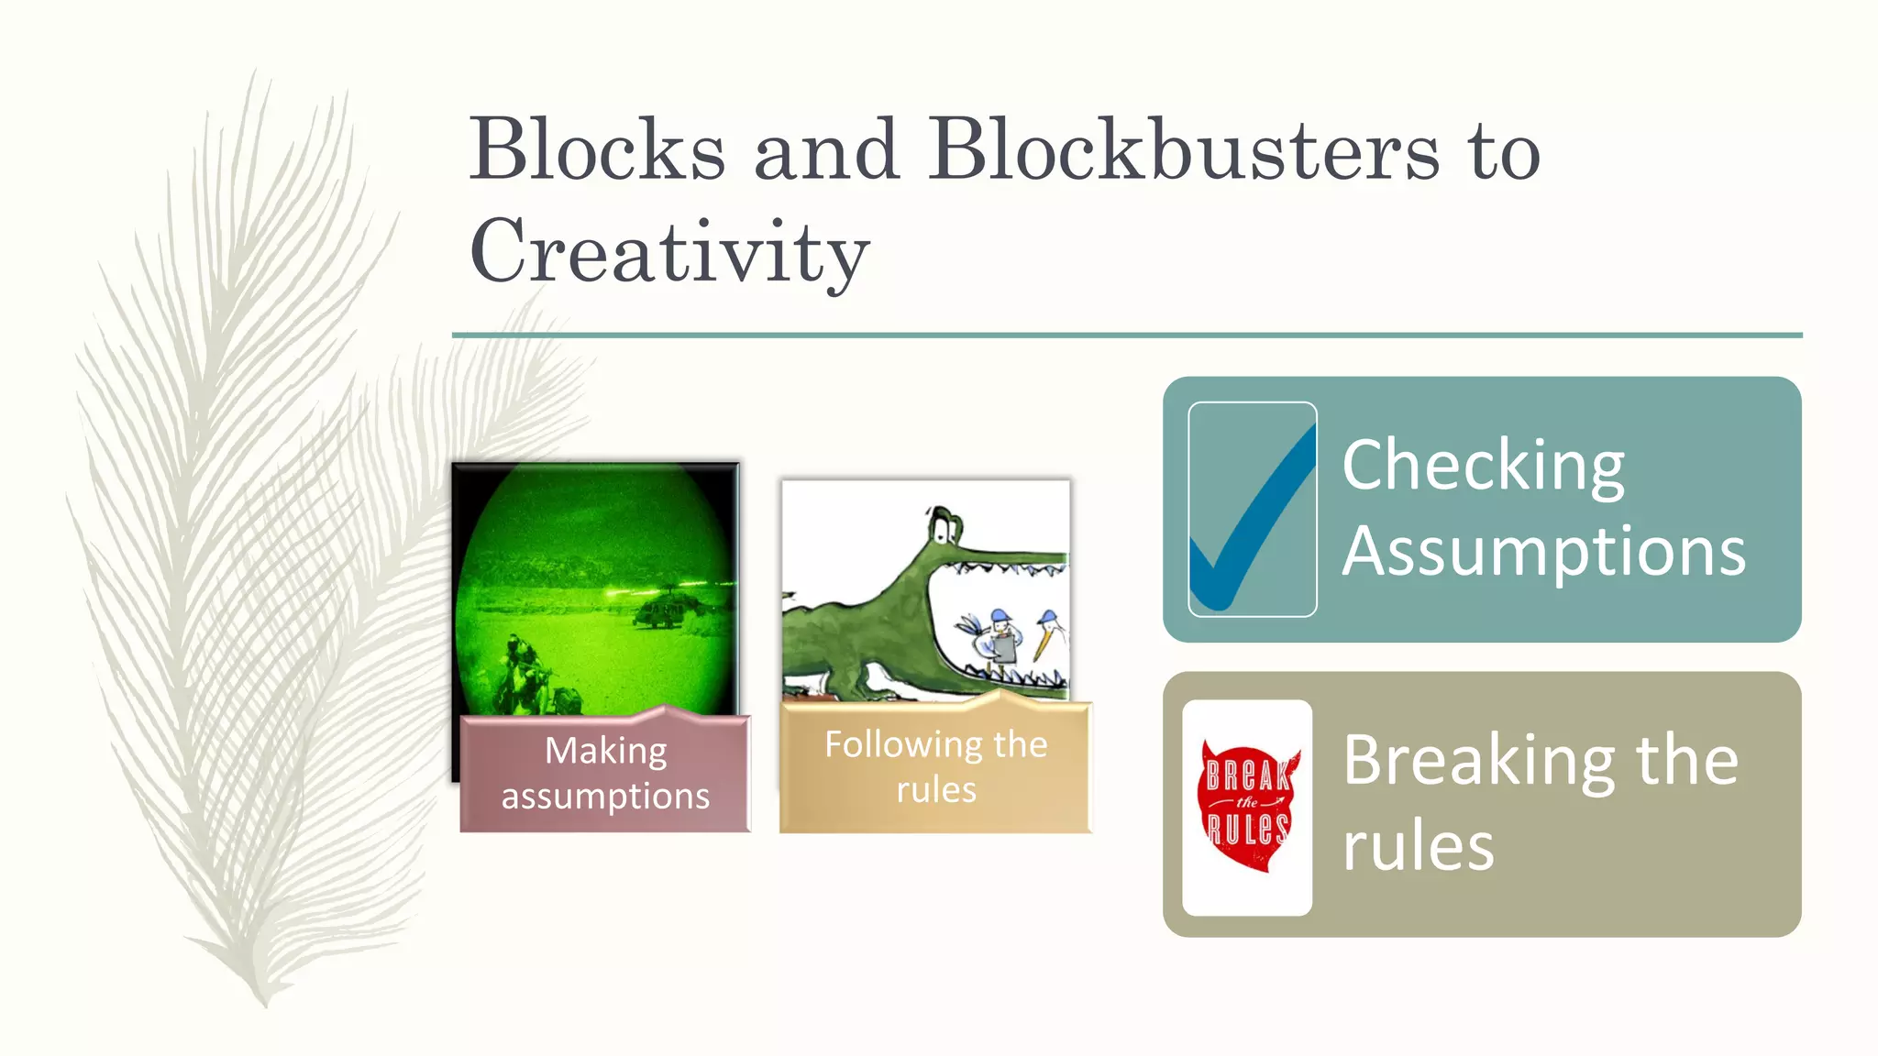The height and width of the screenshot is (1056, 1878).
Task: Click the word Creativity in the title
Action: (669, 252)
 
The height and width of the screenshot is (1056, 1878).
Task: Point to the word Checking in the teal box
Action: (1483, 466)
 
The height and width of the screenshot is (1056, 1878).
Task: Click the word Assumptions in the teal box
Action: (1543, 552)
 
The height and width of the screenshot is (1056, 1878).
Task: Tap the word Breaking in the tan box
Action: (1478, 761)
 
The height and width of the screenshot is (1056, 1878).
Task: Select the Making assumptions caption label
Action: (605, 774)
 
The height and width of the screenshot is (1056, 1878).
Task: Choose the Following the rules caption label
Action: (935, 767)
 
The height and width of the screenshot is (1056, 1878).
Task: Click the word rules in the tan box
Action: (1418, 846)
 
